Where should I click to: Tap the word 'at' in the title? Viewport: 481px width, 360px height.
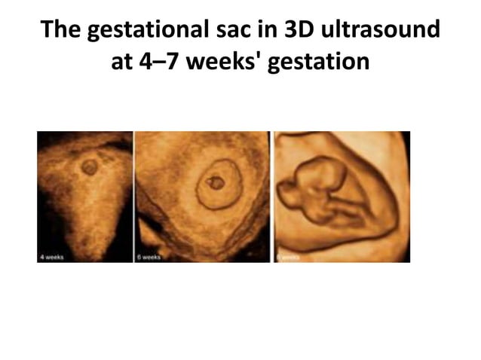(x=121, y=61)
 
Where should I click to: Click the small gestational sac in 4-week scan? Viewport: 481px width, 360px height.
(x=89, y=167)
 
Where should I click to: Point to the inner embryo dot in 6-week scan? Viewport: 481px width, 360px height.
(x=216, y=182)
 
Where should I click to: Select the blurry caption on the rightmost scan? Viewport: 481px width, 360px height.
(x=287, y=257)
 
